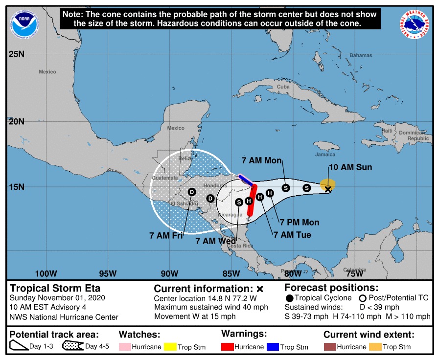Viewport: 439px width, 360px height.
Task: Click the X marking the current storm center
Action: tap(328, 189)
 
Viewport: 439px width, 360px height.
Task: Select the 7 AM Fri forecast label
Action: tap(166, 235)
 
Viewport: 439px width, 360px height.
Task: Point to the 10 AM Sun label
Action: tap(350, 167)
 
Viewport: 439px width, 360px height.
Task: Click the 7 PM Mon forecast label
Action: tap(300, 223)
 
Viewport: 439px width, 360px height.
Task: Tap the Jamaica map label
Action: tap(325, 155)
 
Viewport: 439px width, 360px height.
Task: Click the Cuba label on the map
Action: tap(283, 87)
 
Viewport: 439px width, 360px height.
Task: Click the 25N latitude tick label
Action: tap(16, 54)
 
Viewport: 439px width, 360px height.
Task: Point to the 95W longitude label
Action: tap(108, 273)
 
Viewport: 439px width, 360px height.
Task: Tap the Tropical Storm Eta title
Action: tap(55, 288)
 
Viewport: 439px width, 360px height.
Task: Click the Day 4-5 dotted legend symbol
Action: tap(72, 347)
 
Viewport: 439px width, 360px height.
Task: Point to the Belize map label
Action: tap(185, 158)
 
